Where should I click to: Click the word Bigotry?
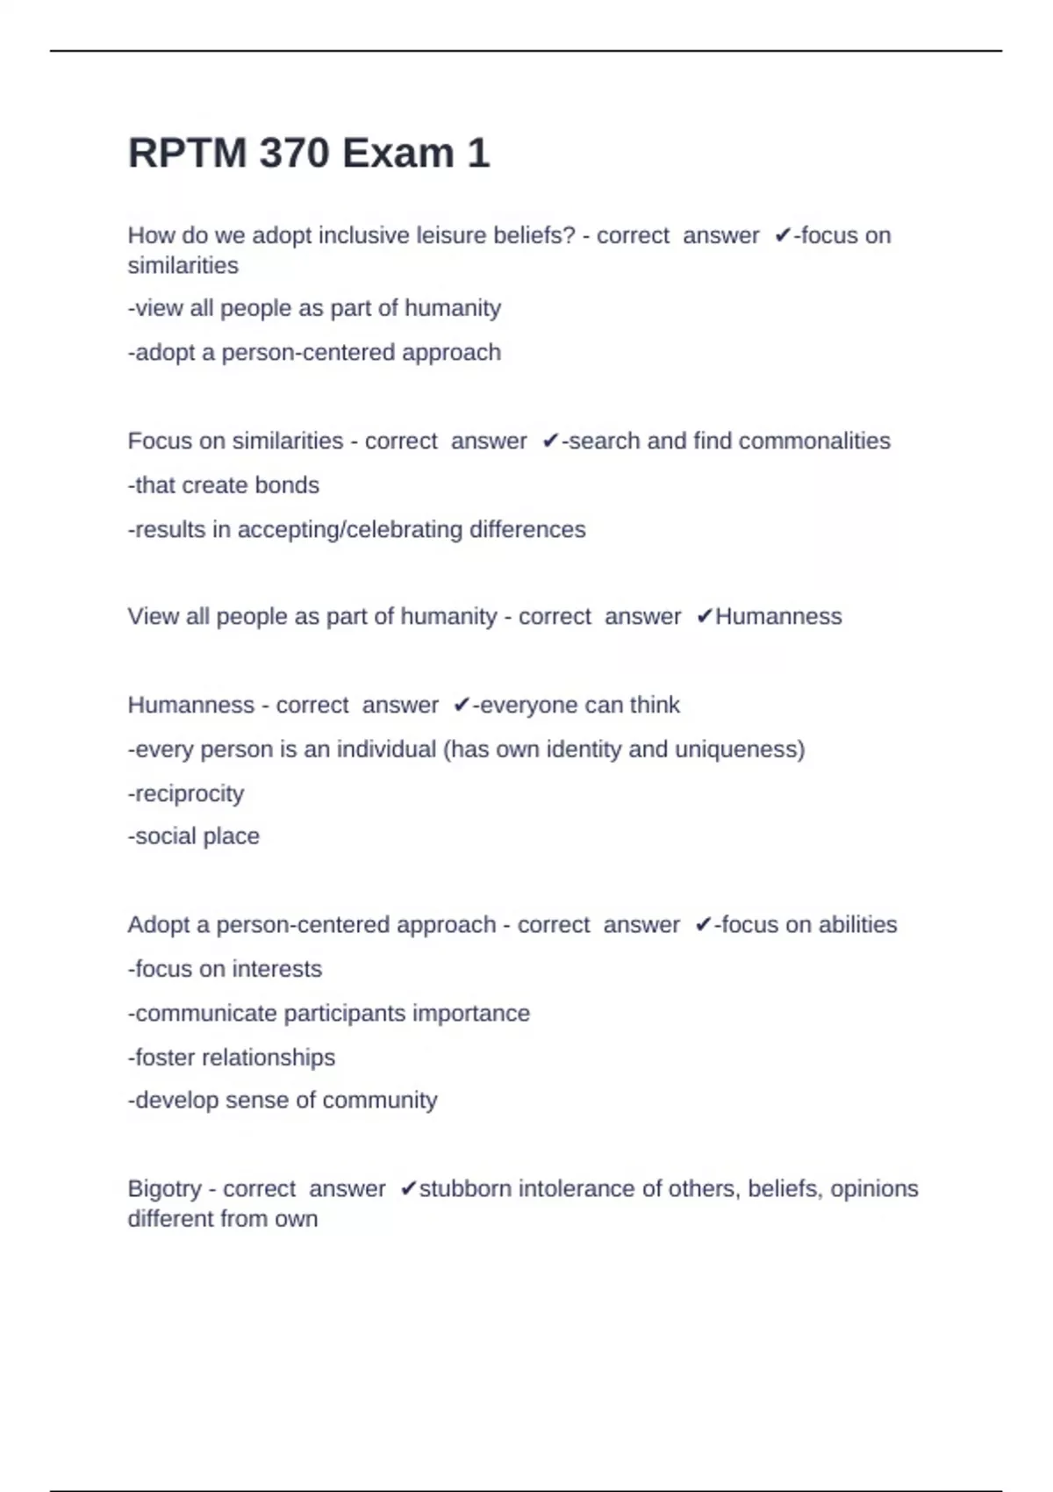point(164,1189)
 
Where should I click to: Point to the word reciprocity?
point(189,793)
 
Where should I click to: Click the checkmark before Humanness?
point(704,617)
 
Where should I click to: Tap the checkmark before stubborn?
point(408,1189)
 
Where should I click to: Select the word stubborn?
point(465,1188)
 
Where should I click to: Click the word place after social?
point(233,836)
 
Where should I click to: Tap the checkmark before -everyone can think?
point(462,706)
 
